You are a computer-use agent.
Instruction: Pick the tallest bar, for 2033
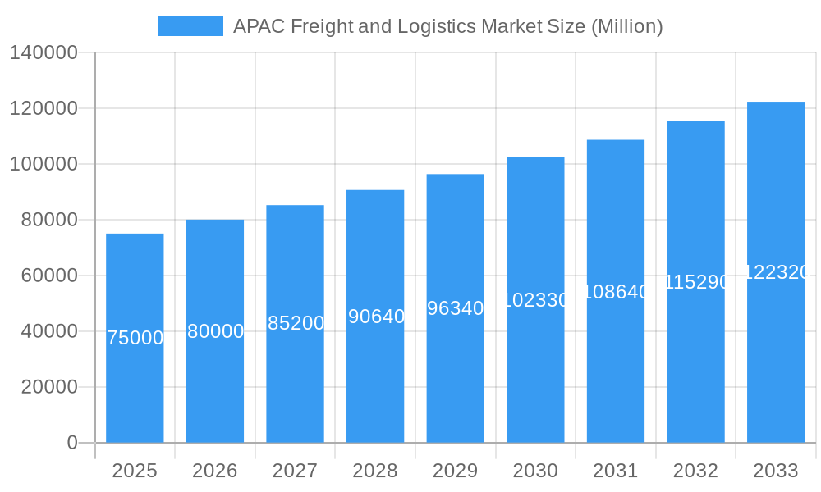click(776, 361)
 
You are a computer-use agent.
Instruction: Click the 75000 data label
click(135, 338)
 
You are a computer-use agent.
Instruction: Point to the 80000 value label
click(215, 331)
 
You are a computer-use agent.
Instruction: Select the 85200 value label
click(296, 323)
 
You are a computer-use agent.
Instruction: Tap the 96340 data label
click(456, 308)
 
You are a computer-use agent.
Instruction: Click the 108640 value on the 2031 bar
click(616, 292)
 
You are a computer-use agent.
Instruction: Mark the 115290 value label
click(696, 282)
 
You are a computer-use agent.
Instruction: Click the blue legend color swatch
click(190, 26)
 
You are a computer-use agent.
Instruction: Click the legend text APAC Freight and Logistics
click(447, 26)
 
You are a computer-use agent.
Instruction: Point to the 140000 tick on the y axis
click(44, 52)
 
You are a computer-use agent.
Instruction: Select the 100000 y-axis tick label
click(44, 164)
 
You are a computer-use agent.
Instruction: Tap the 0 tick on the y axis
click(72, 443)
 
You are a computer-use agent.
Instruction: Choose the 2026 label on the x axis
click(215, 471)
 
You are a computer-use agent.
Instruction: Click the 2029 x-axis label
click(456, 471)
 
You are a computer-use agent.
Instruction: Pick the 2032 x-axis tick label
click(695, 471)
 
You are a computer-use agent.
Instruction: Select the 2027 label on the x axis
click(295, 471)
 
